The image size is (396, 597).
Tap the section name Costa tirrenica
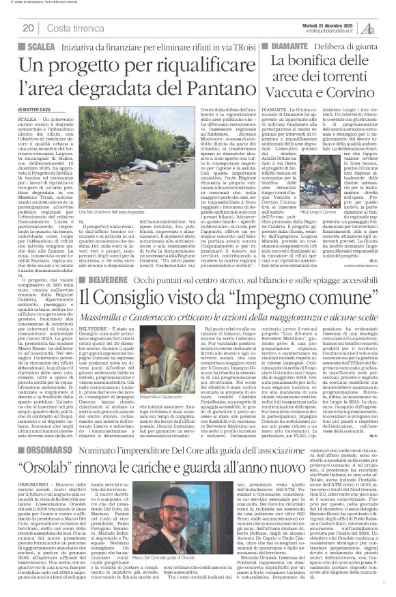pos(71,27)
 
